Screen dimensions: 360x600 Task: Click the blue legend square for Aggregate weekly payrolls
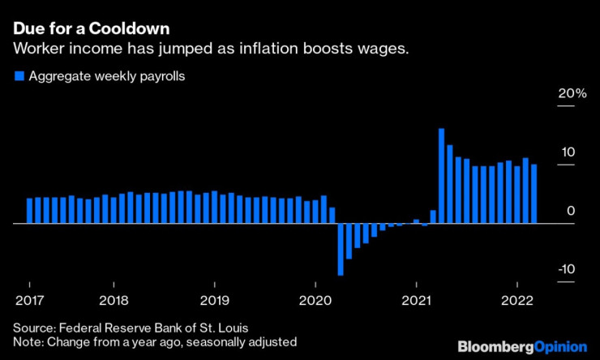[x=18, y=77]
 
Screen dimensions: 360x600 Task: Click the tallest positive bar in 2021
[x=441, y=175]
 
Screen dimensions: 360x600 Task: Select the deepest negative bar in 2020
[x=341, y=249]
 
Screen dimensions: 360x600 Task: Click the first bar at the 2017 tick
[x=29, y=210]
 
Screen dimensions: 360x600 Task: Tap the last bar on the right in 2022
[x=534, y=193]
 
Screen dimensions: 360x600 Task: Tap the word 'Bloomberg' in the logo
[x=495, y=346]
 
